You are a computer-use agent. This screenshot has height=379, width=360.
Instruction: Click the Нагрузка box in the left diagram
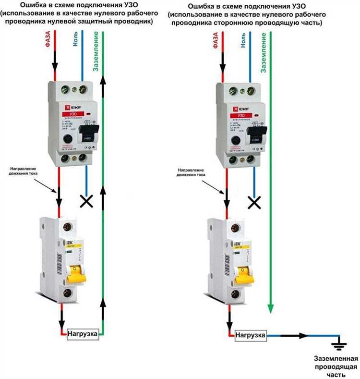click(x=84, y=333)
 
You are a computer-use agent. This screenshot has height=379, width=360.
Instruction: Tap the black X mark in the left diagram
click(x=86, y=201)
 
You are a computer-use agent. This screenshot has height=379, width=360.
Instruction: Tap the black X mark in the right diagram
click(x=254, y=202)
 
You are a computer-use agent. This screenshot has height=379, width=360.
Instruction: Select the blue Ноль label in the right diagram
click(x=243, y=41)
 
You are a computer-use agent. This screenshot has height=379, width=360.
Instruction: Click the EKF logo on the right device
click(x=235, y=109)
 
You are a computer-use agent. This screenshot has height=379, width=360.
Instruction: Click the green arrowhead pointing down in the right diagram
click(x=271, y=307)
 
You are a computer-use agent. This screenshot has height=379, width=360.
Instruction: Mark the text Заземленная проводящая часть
click(x=336, y=366)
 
